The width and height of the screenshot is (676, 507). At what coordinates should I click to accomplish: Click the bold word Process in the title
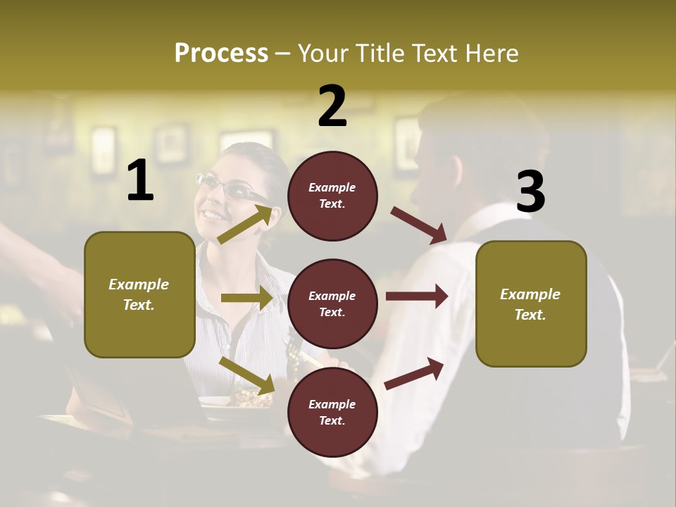[221, 54]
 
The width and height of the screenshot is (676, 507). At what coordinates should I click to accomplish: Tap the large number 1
[140, 181]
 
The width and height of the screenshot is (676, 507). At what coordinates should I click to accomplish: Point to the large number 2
[332, 106]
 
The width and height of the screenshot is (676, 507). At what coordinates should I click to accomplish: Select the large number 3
[530, 192]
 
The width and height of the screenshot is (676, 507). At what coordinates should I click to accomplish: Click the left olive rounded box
[139, 294]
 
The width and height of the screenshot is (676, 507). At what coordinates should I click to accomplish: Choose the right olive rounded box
[531, 303]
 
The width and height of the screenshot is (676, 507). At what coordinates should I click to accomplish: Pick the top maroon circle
[332, 196]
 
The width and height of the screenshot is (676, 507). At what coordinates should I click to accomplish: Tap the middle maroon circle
[332, 303]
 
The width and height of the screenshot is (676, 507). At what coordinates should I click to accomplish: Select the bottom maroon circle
[332, 412]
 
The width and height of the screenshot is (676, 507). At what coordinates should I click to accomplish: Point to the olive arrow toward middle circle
[246, 298]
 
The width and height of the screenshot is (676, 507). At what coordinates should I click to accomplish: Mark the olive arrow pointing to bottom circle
[246, 375]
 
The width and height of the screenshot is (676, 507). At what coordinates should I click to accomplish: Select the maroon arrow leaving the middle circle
[417, 296]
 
